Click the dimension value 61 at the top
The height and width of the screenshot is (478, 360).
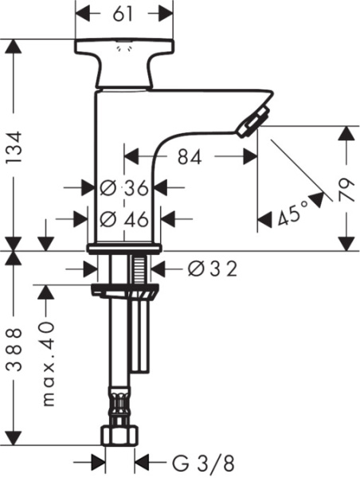[x=123, y=14]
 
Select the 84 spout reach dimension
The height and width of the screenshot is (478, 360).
[x=189, y=157]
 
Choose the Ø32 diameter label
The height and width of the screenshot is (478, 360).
[x=212, y=269]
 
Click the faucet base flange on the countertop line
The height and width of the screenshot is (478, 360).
[x=123, y=249]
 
